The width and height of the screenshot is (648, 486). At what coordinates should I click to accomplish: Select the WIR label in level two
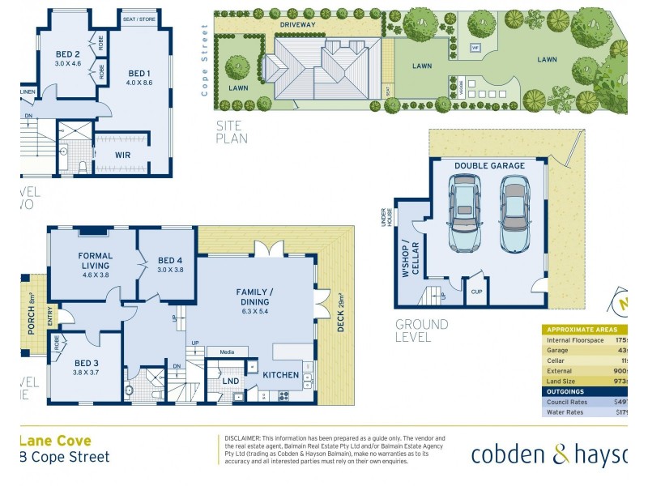click(123, 154)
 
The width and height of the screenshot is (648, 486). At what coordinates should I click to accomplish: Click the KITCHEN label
click(280, 375)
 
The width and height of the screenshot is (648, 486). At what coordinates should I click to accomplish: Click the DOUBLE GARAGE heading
click(489, 166)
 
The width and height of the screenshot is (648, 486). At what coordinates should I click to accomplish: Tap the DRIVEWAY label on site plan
click(298, 25)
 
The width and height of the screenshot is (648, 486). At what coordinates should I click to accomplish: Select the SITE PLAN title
click(232, 132)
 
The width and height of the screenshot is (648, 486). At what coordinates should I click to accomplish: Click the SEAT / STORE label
click(139, 19)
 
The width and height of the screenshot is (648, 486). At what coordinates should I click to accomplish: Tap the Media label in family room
click(227, 352)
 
